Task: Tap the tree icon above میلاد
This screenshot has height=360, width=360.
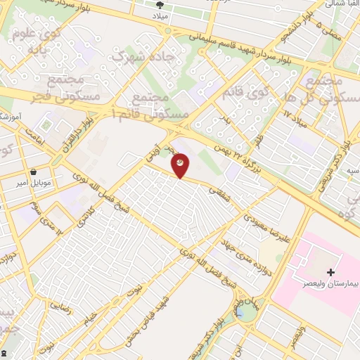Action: click(160, 3)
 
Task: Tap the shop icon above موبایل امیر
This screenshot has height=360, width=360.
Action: click(33, 172)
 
